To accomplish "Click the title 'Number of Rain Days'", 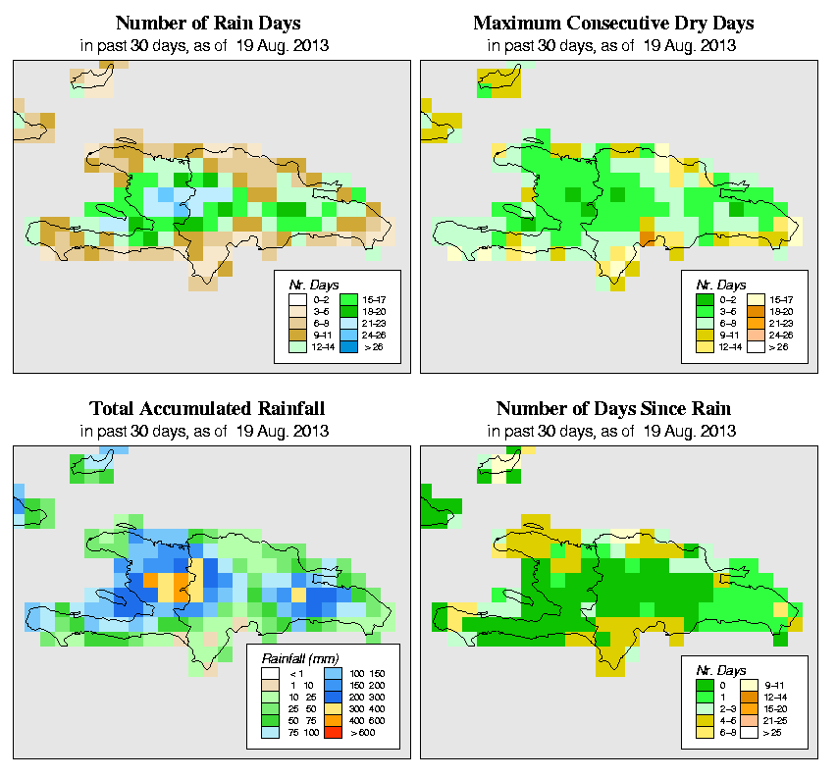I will [208, 23].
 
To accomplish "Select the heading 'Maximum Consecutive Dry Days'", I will [613, 23].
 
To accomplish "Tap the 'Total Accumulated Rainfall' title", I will [207, 408].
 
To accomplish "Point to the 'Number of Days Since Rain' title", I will [613, 408].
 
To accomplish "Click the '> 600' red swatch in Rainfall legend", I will [332, 731].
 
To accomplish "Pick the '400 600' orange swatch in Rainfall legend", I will [332, 718].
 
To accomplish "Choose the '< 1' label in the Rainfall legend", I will [298, 673].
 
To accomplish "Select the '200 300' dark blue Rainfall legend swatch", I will [332, 696].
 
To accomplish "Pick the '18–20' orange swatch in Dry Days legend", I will [757, 310].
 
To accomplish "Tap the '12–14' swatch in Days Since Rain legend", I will [757, 696].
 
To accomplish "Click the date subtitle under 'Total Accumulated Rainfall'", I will [207, 431].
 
